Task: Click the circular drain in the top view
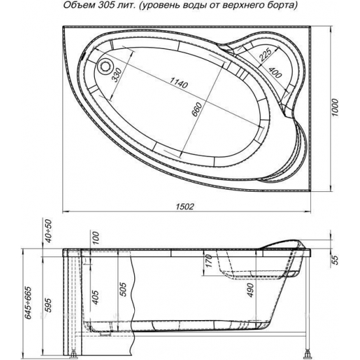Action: pos(105,66)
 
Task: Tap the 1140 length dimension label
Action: pos(179,82)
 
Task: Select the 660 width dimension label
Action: pos(197,109)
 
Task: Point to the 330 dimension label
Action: pos(117,75)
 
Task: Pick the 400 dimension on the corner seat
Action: pos(275,72)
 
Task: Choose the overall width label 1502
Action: pos(185,207)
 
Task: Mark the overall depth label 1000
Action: pos(335,107)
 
